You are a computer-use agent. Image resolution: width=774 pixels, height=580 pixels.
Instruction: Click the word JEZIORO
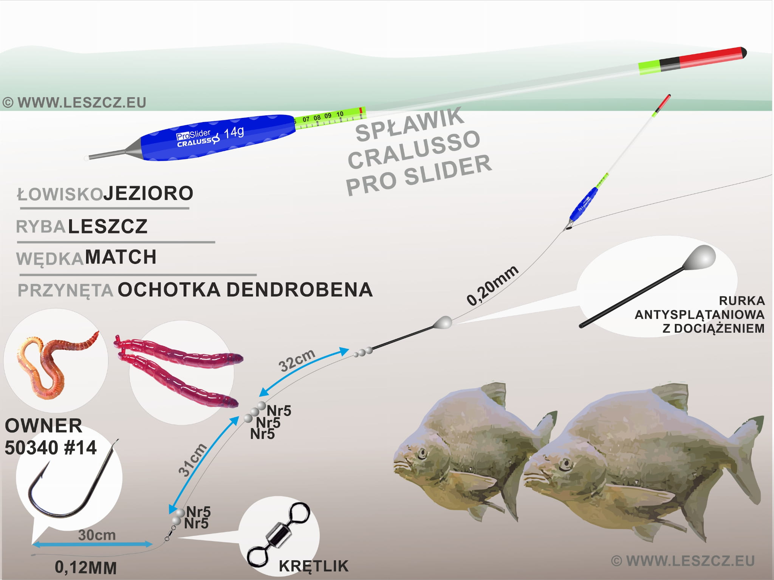click(148, 194)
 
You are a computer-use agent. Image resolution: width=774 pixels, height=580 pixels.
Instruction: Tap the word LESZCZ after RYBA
click(108, 226)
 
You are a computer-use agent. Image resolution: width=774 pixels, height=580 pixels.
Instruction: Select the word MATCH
click(121, 257)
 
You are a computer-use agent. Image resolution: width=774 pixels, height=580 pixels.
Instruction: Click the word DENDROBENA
click(299, 290)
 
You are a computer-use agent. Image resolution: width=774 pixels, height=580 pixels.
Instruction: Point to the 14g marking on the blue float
click(234, 133)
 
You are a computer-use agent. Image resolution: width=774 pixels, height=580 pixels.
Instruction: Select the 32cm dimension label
click(297, 360)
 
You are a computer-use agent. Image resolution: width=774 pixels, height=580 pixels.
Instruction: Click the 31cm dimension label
click(192, 459)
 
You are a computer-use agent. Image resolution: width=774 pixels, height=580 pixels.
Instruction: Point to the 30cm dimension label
click(97, 535)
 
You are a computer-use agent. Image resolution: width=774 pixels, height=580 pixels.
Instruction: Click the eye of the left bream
click(422, 453)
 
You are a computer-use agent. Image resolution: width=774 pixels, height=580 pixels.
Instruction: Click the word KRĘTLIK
click(314, 566)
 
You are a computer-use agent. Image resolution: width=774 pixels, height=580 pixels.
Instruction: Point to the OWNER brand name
click(43, 426)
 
